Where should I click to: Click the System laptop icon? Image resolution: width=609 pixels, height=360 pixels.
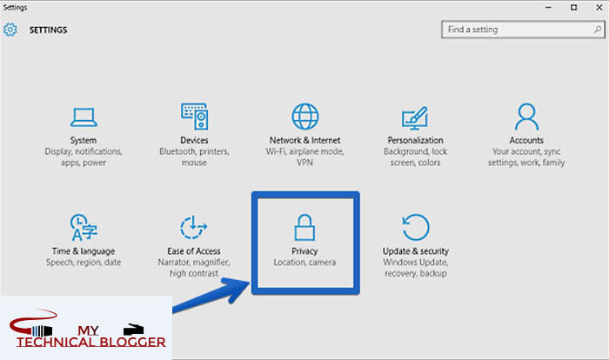[83, 117]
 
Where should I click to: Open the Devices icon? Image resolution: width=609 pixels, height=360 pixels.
[194, 117]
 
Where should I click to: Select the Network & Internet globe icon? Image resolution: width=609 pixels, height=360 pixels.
[304, 117]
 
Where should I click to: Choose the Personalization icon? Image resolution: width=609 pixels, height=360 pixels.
[414, 117]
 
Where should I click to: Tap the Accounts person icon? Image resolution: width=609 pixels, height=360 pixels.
[526, 117]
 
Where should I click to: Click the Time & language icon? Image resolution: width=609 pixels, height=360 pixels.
[83, 228]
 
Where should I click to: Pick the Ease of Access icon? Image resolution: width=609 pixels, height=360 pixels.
[194, 228]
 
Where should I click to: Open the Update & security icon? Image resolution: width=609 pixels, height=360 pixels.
[414, 228]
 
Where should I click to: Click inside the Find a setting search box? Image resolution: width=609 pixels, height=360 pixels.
[513, 30]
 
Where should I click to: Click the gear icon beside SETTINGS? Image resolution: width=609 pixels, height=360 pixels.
[10, 30]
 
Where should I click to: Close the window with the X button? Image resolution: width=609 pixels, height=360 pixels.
[596, 7]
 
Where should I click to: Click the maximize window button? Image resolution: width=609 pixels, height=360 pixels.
[572, 7]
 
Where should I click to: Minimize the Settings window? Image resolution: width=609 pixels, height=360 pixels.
[549, 7]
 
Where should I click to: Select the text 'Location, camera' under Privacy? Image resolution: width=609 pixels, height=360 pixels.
[304, 263]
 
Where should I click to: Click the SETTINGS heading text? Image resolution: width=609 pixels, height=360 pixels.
[49, 30]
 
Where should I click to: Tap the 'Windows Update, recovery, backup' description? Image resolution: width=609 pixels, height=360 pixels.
[414, 268]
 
